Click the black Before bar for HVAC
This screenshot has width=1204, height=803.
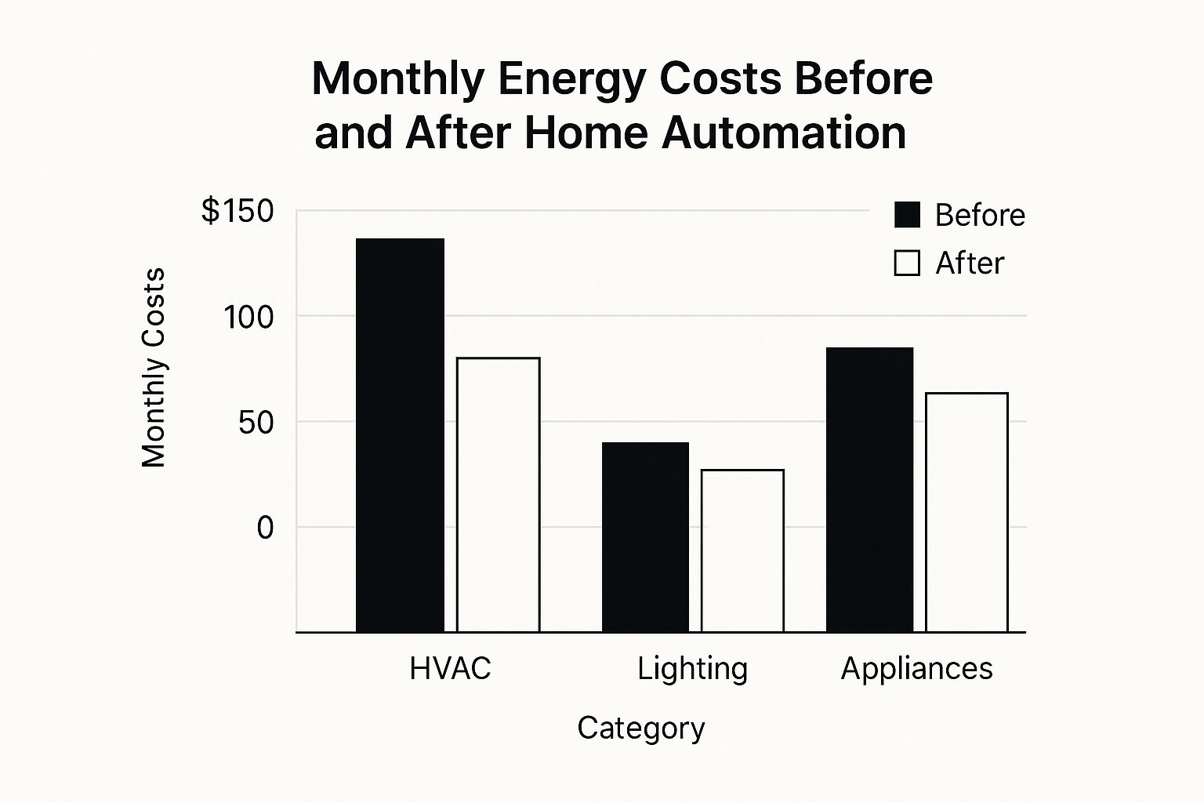[x=401, y=435]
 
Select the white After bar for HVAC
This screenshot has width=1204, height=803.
[x=499, y=495]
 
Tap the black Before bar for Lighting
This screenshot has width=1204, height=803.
[x=645, y=537]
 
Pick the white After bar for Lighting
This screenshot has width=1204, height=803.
[x=742, y=550]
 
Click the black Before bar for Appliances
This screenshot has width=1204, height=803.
[x=869, y=489]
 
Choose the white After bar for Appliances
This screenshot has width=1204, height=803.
[x=966, y=512]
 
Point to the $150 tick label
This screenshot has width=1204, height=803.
[x=238, y=211]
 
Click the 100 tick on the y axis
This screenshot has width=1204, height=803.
[x=248, y=318]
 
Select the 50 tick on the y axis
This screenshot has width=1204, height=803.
[x=256, y=423]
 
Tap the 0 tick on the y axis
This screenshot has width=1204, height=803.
[x=265, y=528]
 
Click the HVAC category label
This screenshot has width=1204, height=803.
[x=450, y=669]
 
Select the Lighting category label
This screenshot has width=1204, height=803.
[x=692, y=669]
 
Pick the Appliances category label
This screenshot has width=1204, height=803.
[x=916, y=669]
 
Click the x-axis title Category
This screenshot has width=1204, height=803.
[x=640, y=729]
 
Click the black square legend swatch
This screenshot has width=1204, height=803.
[x=907, y=214]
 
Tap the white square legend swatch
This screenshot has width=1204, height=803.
[x=907, y=263]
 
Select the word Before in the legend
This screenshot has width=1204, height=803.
[x=980, y=215]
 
